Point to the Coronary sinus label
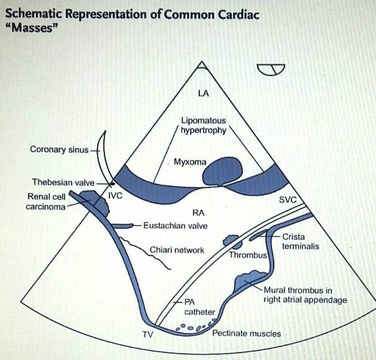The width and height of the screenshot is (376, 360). [x=59, y=149]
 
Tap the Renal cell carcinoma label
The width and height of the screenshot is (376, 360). [x=46, y=202]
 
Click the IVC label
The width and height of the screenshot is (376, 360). [x=115, y=196]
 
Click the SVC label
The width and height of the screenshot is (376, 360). [x=288, y=200]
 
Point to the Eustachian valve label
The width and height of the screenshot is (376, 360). [x=175, y=226]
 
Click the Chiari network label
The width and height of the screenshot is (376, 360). [x=177, y=250]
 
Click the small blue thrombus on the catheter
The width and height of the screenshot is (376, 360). [x=230, y=241]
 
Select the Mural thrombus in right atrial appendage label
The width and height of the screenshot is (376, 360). [x=305, y=295]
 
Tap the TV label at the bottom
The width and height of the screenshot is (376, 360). [x=147, y=333]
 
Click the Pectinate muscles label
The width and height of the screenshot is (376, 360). [x=247, y=333]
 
